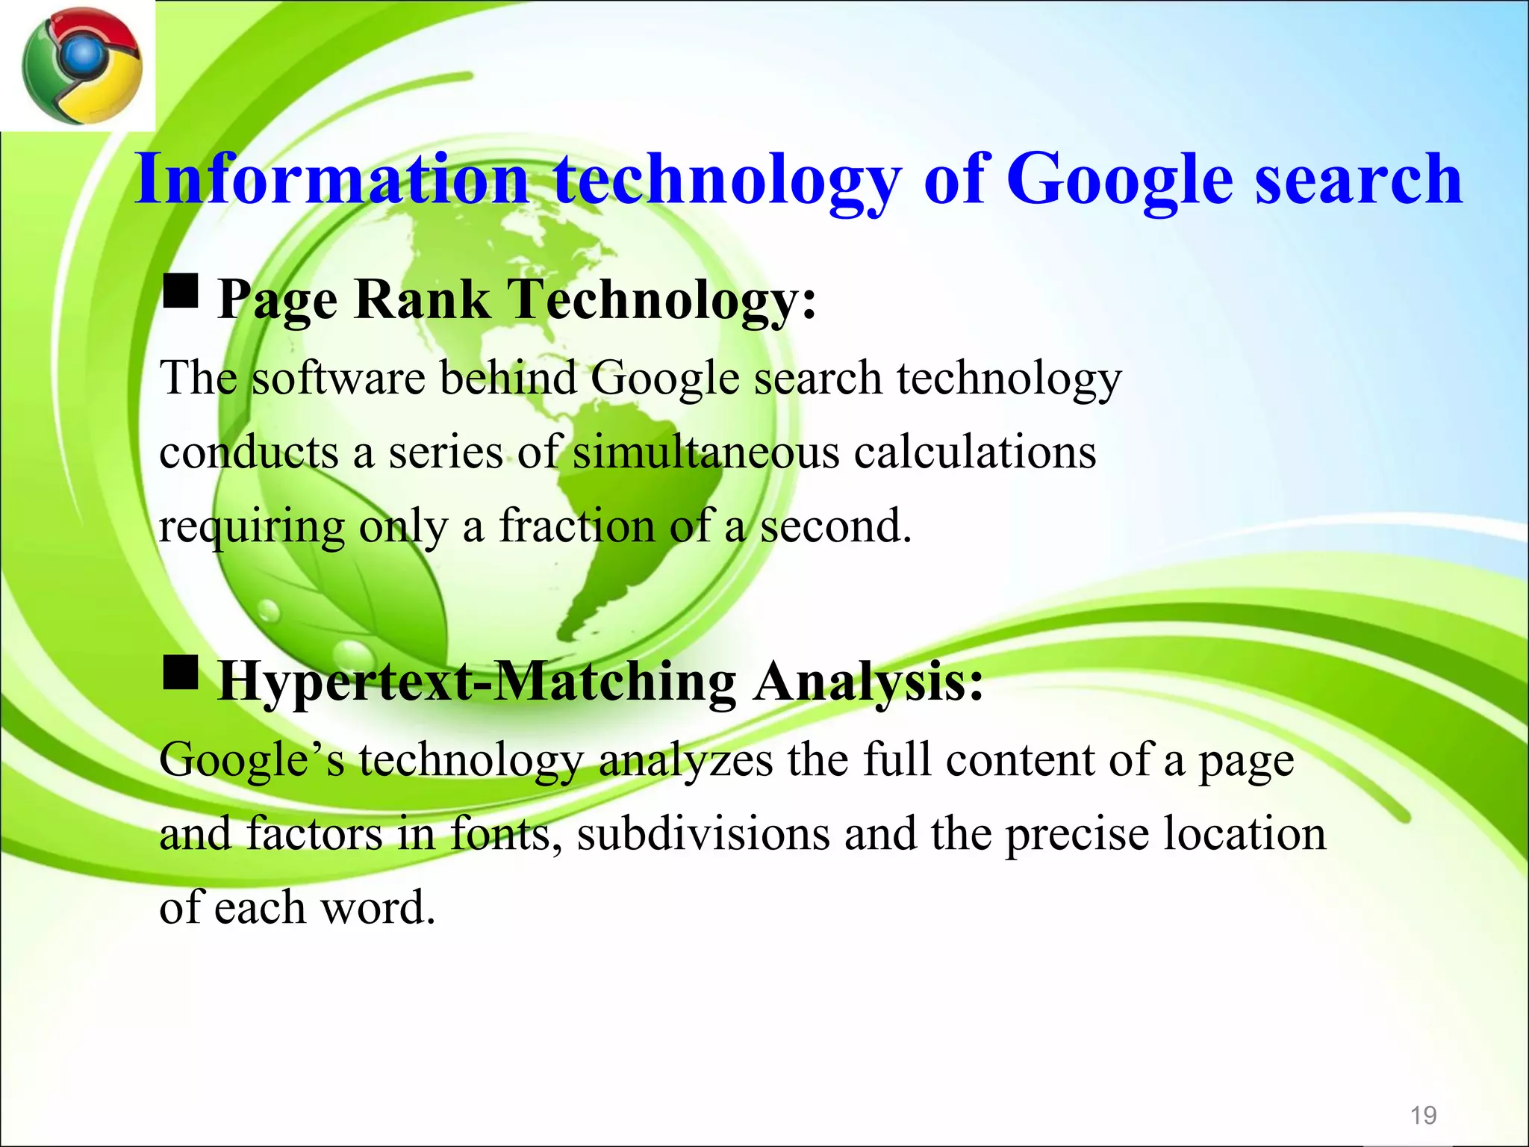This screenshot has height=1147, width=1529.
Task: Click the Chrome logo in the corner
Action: click(81, 66)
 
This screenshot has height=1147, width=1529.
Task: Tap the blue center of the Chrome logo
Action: click(84, 55)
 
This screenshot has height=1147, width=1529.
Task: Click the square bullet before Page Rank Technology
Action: click(180, 290)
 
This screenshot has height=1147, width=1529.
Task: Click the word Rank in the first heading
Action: click(422, 300)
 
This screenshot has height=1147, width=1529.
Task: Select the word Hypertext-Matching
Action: click(477, 683)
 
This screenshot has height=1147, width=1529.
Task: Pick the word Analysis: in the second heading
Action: click(868, 683)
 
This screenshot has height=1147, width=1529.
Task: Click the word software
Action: click(338, 377)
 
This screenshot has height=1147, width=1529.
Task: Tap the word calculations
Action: click(975, 453)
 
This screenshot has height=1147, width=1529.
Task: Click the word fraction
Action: click(577, 526)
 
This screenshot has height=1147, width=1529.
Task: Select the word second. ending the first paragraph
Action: click(835, 526)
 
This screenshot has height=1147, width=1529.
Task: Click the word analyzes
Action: click(685, 761)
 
